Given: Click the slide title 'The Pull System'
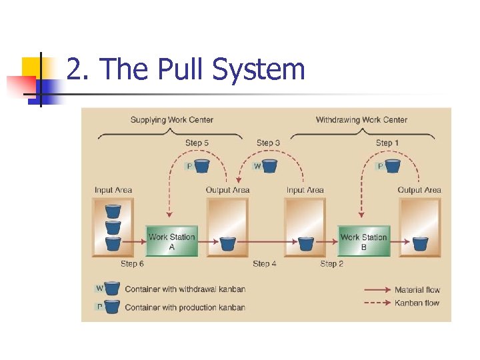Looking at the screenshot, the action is point(186,69).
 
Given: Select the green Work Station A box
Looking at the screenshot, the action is point(172,241).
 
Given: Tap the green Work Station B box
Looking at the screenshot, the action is point(363,241).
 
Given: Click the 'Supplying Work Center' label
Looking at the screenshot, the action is point(172,120).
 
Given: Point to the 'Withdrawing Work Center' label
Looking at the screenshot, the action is point(361,120).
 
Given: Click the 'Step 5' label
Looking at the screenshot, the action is point(197,143).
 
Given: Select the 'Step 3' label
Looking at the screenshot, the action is point(268,143).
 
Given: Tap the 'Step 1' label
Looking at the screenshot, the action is point(387,143).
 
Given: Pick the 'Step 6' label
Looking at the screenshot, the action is point(132,264).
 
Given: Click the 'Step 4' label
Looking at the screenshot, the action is point(265,264).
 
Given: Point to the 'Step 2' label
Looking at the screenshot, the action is point(332,264).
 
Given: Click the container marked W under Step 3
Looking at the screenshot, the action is point(269,165).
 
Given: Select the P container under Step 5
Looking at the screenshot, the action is point(201,165).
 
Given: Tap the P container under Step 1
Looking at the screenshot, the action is point(392,165).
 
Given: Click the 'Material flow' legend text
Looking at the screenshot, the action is point(417,290).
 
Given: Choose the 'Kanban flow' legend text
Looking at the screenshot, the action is point(417,303).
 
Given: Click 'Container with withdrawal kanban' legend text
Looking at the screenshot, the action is point(185,289).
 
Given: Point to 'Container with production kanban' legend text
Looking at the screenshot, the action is point(185,307).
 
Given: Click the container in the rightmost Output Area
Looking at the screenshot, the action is point(419,243).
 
